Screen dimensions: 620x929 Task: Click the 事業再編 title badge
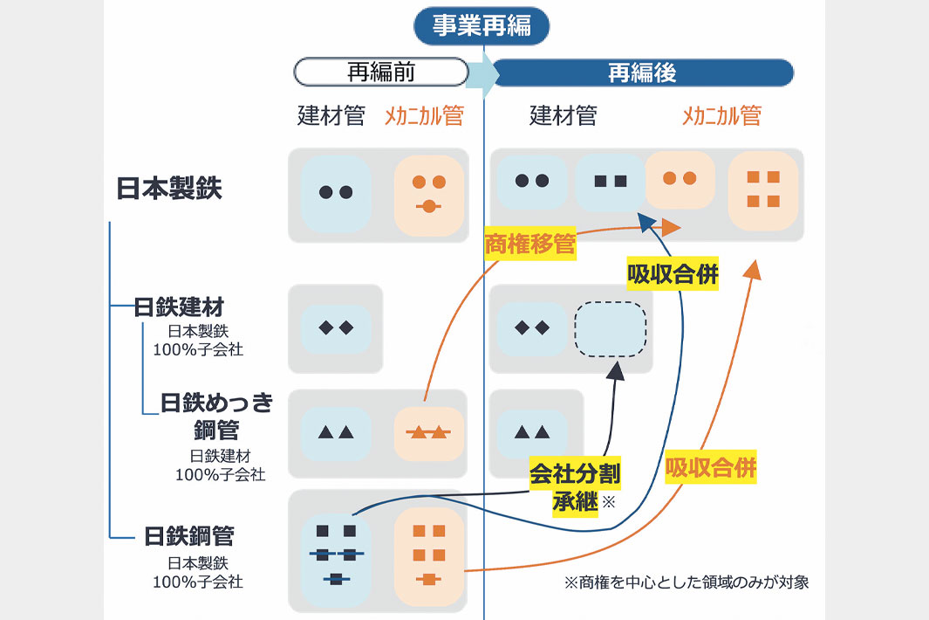point(482,26)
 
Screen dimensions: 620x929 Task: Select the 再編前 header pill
point(380,72)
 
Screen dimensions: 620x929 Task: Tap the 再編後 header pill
point(642,72)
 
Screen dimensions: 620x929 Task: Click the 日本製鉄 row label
point(169,189)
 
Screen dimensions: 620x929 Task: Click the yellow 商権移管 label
point(529,245)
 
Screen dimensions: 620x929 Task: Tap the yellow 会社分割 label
point(575,474)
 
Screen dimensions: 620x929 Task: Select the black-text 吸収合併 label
point(673,275)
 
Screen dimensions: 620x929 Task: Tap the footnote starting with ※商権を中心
point(687,582)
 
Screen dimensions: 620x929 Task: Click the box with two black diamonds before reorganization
point(336,328)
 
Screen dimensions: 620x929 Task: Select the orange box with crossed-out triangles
point(427,432)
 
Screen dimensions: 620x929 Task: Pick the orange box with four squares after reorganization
point(762,190)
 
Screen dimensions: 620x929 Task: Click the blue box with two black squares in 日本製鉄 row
point(610,182)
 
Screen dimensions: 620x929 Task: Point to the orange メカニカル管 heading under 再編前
point(424,115)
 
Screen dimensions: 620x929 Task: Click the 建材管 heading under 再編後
point(563,115)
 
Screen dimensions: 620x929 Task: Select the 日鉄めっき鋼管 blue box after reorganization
point(532,432)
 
